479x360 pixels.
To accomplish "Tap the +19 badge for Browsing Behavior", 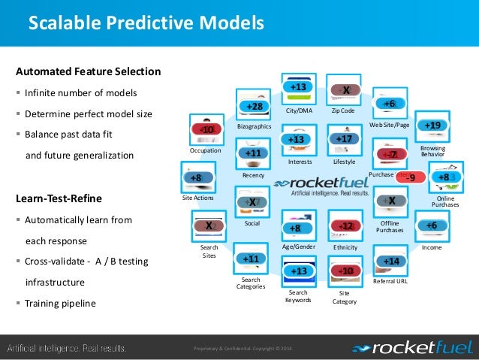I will tap(432, 125).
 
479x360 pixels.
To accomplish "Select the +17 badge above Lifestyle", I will tap(344, 139).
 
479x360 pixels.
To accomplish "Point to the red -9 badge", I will tap(410, 178).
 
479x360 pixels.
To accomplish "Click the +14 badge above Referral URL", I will tap(390, 261).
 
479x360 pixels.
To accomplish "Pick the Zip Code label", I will tap(342, 110).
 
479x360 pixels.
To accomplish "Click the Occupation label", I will tap(205, 150).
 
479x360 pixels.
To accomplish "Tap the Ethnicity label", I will tap(345, 247).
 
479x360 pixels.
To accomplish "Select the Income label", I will tap(432, 247).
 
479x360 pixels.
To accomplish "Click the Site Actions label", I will tap(198, 198).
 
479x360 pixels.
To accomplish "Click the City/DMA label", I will tap(298, 110).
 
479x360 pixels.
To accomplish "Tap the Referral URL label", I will tap(390, 281).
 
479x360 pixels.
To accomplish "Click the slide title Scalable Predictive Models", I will tap(146, 24).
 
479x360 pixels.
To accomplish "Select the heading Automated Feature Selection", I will tap(88, 72).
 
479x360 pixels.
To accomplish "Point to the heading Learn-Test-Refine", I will tap(59, 199).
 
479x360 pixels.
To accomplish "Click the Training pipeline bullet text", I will tap(61, 304).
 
